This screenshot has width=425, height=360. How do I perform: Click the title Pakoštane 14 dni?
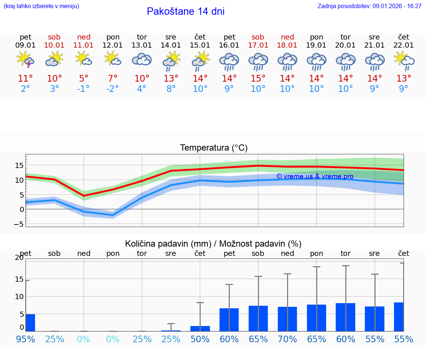[186, 11]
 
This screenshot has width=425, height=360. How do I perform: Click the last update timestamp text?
[369, 6]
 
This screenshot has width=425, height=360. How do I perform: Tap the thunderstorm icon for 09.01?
[25, 60]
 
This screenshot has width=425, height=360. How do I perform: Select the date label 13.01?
[142, 45]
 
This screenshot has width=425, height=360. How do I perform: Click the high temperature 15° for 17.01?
[258, 79]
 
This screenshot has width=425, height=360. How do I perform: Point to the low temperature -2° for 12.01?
[113, 89]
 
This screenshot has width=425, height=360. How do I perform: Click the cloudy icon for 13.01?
[142, 60]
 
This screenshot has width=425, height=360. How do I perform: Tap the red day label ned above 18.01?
[287, 37]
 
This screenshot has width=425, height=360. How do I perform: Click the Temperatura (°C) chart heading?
[214, 148]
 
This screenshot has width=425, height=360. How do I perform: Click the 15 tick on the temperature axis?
[20, 165]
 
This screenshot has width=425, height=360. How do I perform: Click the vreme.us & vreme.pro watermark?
[315, 176]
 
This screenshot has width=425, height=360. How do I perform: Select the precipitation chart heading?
[213, 244]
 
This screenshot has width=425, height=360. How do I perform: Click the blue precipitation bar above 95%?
[30, 323]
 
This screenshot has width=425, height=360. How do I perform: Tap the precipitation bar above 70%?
[287, 319]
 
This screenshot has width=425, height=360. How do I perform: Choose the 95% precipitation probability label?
[25, 339]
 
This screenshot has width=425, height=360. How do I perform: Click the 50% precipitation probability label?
[200, 339]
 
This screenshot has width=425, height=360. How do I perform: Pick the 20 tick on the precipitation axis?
[19, 258]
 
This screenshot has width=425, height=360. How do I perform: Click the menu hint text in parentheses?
[41, 6]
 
